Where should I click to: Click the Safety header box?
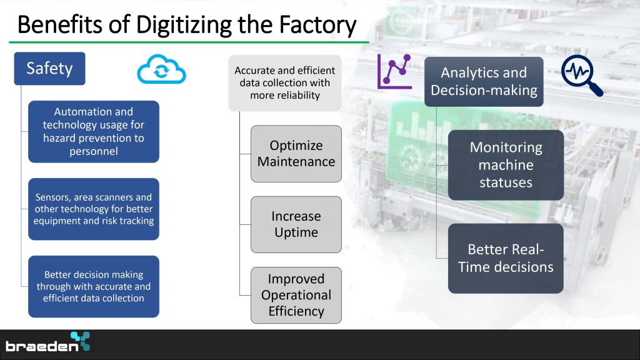tap(49, 69)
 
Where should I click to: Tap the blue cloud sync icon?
tap(161, 69)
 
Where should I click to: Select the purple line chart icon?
tap(394, 71)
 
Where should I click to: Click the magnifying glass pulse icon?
tap(581, 75)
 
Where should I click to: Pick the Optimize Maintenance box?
tap(296, 154)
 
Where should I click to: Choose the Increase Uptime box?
tap(296, 224)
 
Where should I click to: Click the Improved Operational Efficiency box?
tap(296, 295)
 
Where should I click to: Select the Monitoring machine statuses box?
tap(506, 165)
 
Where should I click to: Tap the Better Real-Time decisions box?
tap(506, 258)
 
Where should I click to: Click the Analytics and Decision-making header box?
tap(484, 82)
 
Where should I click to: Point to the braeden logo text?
tap(42, 346)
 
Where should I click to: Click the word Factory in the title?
tap(317, 24)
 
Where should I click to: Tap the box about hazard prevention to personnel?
tap(94, 131)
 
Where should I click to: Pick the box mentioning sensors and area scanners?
tap(94, 209)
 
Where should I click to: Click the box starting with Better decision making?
tap(94, 286)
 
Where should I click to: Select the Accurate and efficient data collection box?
tap(285, 83)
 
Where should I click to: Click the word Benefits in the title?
tap(59, 24)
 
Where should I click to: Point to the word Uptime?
tap(296, 232)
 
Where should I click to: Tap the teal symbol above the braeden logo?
tap(81, 341)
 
